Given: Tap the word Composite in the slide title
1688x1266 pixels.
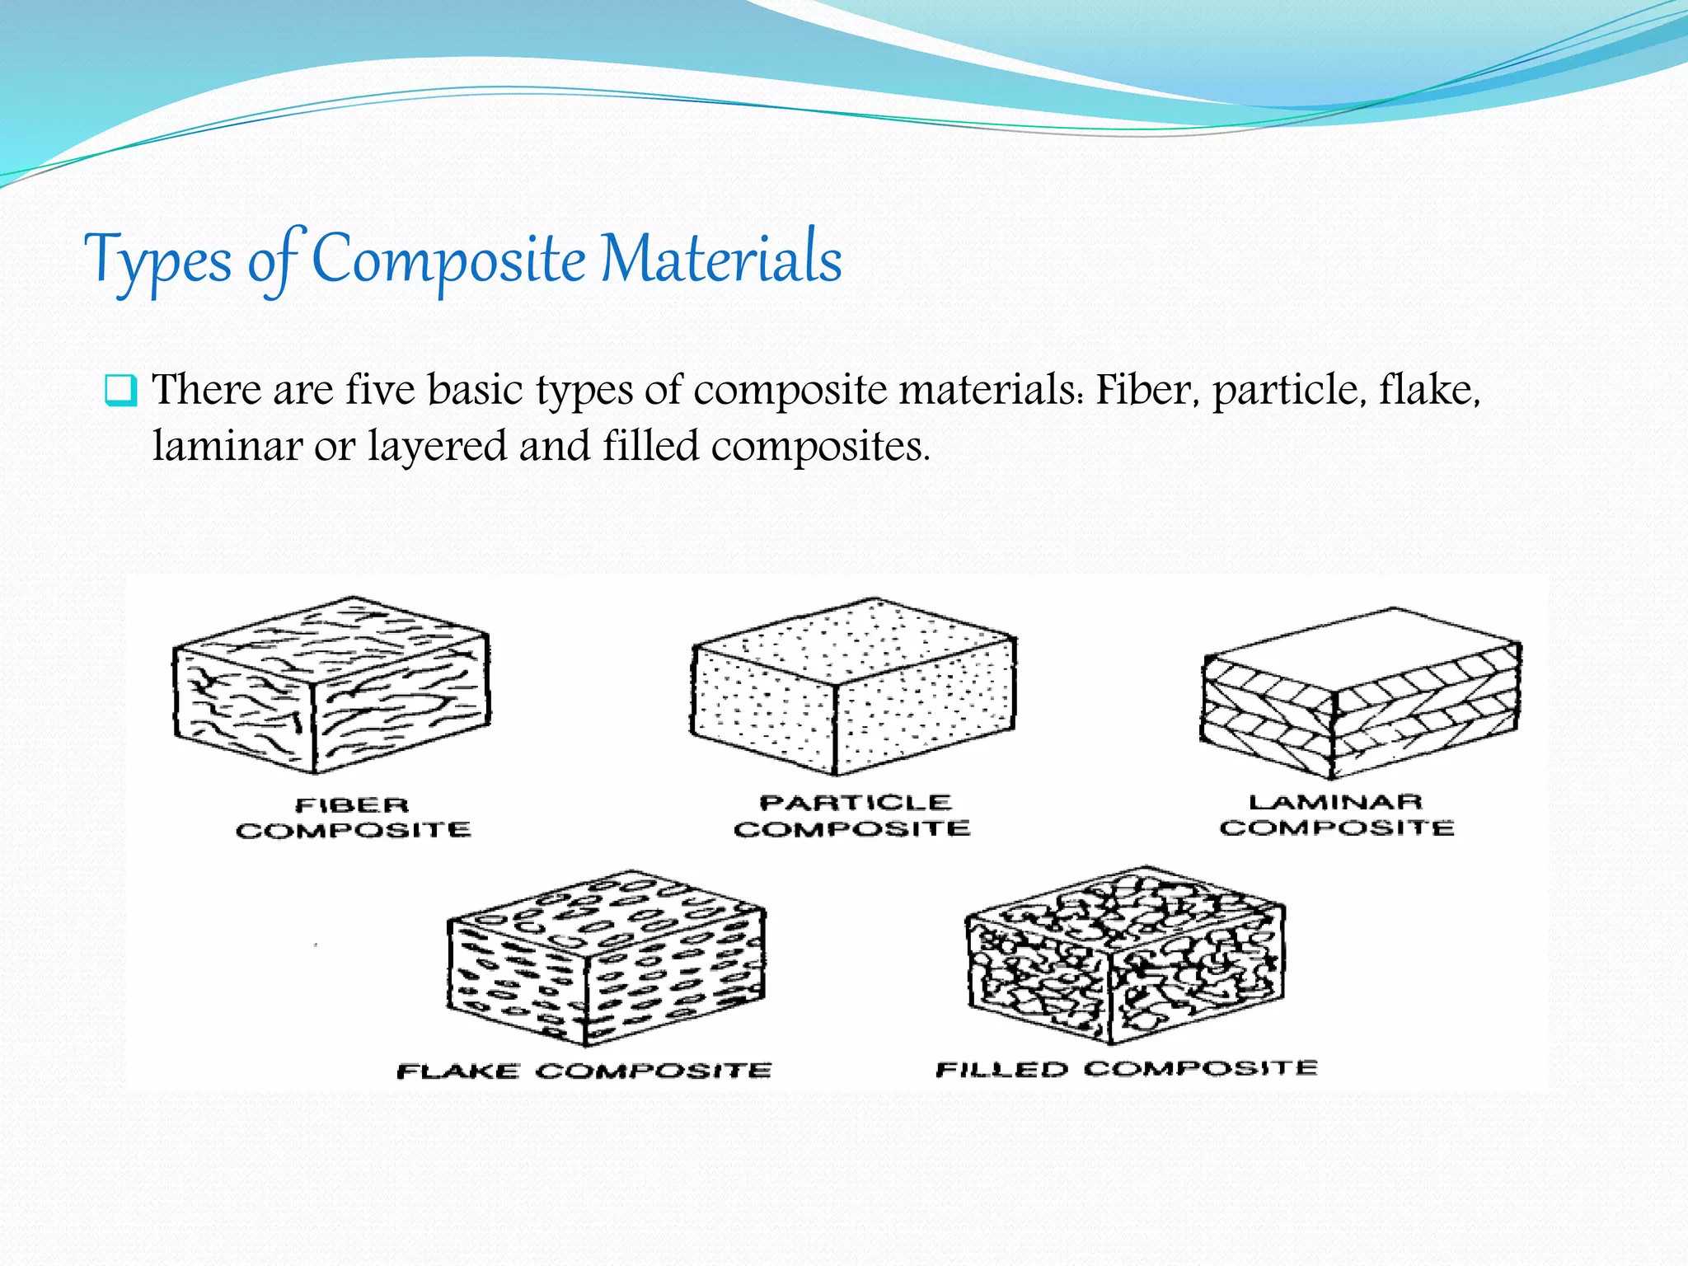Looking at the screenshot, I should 448,260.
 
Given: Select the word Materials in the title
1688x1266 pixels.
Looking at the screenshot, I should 721,259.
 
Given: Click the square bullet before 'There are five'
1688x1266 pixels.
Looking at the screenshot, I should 120,390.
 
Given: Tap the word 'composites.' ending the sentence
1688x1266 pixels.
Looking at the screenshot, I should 820,448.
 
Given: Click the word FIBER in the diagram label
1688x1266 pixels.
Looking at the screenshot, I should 352,805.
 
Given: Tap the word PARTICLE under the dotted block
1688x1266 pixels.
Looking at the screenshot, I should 856,803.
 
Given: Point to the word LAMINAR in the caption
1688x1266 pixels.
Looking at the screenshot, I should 1335,802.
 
